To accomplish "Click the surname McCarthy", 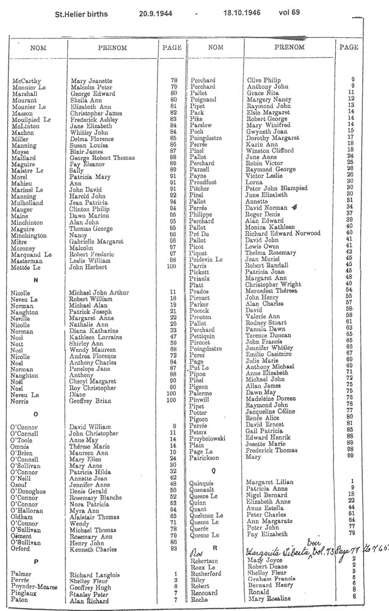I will point(26,81).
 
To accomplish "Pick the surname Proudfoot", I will point(205,181).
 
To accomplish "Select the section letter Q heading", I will point(214,471).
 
